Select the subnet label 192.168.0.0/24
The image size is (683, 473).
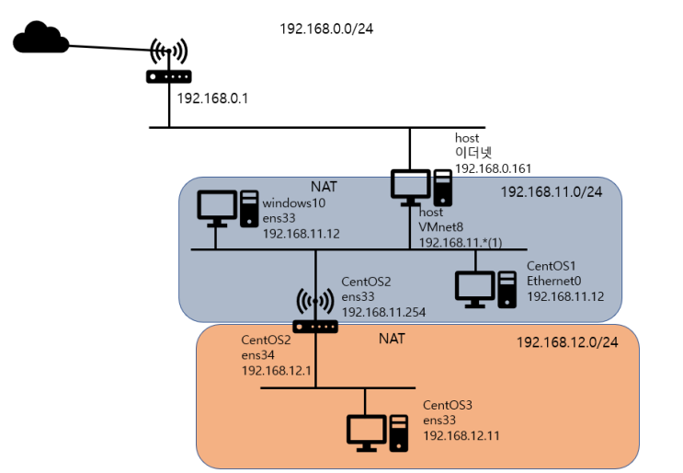pos(326,29)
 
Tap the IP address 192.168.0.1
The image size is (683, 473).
pos(212,98)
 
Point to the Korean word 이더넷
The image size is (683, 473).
pos(473,153)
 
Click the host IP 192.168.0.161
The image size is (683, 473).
pos(493,168)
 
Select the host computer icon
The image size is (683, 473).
pos(421,188)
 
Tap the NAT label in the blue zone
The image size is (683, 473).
pos(324,187)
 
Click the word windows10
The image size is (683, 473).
pos(293,203)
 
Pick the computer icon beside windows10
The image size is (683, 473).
pos(228,208)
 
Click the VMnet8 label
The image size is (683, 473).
pos(441,227)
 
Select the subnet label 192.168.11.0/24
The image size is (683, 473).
pos(552,191)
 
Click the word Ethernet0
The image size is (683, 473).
pos(554,282)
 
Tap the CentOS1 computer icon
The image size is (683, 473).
pos(485,290)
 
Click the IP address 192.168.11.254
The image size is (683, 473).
pos(383,312)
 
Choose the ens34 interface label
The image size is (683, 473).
pos(258,355)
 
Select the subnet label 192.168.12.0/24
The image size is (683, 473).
pos(567,342)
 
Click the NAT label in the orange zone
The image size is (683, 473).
pos(392,339)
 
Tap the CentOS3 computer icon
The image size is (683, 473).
pos(377,433)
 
